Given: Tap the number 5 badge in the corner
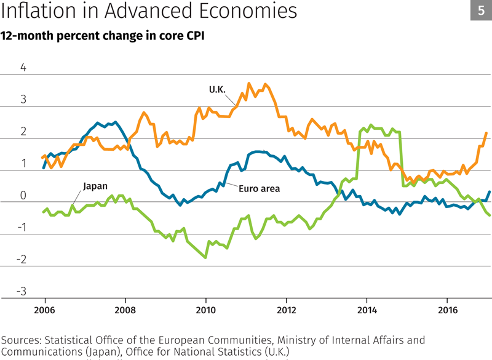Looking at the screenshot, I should (480, 12).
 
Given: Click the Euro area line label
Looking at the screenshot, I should (259, 189).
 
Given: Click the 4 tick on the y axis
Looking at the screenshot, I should (23, 67).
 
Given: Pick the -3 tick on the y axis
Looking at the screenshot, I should (22, 291).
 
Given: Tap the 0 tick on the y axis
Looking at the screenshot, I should (23, 195).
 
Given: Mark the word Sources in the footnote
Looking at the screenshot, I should (22, 339).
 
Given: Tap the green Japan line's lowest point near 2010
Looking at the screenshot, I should (205, 257).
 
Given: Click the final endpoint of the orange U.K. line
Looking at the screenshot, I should (486, 133).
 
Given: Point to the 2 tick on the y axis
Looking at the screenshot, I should (23, 131).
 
